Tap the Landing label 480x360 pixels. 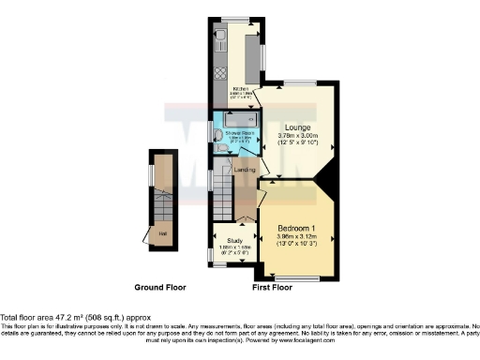coord(245,170)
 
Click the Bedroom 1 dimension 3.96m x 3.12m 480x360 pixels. coord(298,237)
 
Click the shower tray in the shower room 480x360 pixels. coord(239,121)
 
